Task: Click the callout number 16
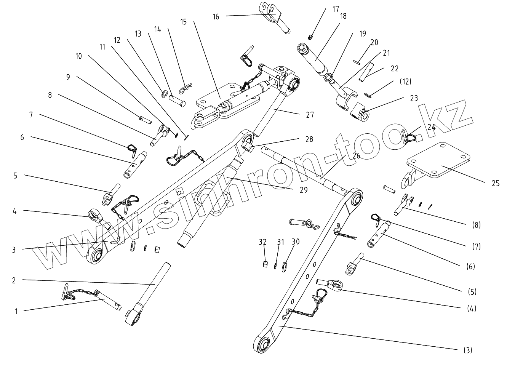click(216, 16)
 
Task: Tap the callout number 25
click(496, 183)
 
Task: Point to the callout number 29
click(304, 190)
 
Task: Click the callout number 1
click(16, 312)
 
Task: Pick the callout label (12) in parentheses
click(405, 82)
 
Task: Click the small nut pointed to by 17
click(310, 37)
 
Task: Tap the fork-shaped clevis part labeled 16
click(275, 18)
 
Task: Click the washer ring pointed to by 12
click(165, 94)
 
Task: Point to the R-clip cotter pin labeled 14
click(186, 88)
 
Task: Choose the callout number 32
click(262, 242)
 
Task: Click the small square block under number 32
click(265, 264)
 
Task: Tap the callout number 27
click(310, 115)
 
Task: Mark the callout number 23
click(414, 98)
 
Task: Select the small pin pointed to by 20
click(356, 62)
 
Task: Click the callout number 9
click(68, 77)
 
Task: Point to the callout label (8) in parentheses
click(476, 225)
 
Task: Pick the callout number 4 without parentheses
click(15, 211)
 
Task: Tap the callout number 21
click(387, 53)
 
